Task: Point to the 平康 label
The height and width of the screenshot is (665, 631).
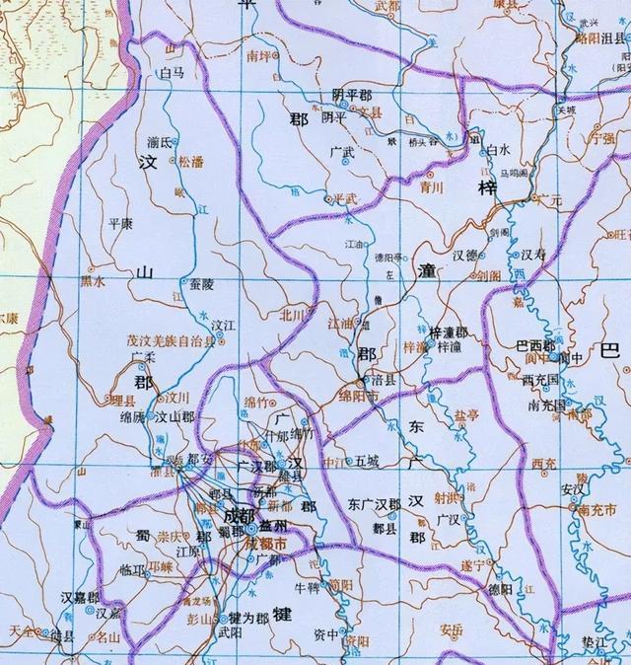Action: (x=119, y=224)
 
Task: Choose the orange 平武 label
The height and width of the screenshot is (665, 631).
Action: (x=348, y=198)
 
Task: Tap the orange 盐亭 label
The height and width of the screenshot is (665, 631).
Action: (x=462, y=417)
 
